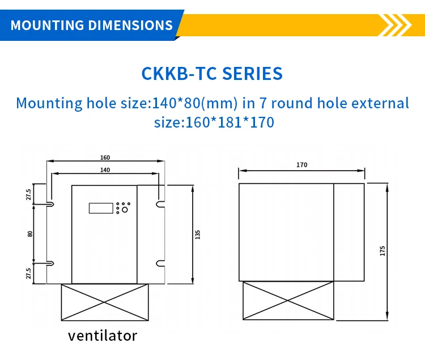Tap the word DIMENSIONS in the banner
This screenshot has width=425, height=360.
pos(131,25)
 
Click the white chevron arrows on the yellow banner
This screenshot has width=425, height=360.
pos(396,25)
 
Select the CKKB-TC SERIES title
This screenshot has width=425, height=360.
pos(212,74)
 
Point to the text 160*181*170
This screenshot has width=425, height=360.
pos(229,122)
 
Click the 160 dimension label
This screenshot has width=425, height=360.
pos(105,158)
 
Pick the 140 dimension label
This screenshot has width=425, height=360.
pos(105,170)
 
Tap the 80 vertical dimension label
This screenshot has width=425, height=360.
pos(30,234)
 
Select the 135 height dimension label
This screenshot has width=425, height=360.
pos(198,235)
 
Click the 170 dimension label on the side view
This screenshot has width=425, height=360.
pos(301,165)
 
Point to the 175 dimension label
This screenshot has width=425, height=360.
pos(382,251)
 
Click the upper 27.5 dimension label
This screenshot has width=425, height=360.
pos(28,194)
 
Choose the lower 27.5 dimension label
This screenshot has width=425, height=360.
pos(28,273)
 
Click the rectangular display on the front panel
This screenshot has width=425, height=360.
pos(101,208)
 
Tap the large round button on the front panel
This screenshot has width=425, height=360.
pos(125,210)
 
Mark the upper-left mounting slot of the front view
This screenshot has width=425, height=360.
pos(50,204)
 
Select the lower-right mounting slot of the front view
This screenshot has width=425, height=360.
pos(161,263)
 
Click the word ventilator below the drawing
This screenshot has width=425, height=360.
pos(103,336)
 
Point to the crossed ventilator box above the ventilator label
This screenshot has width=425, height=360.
pos(105,302)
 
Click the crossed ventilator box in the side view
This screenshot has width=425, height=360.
pos(288,300)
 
